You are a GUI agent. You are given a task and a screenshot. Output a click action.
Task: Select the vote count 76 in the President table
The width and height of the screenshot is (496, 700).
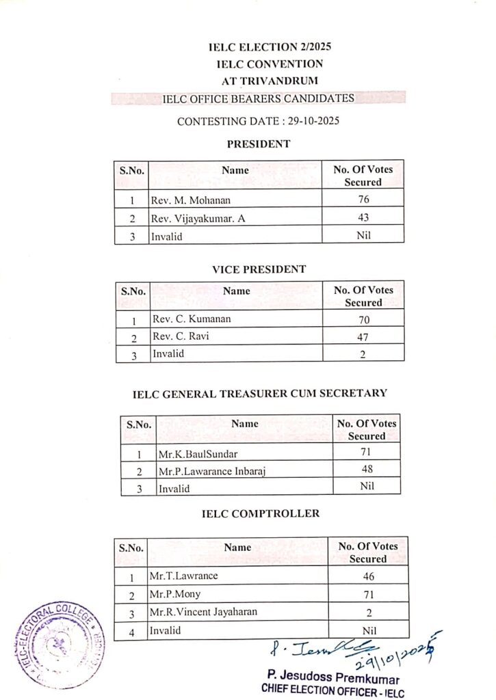[363, 201]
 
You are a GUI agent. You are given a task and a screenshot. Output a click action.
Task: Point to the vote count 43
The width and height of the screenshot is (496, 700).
[363, 218]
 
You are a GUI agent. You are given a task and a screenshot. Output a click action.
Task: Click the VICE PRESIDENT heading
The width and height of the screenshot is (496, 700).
[259, 269]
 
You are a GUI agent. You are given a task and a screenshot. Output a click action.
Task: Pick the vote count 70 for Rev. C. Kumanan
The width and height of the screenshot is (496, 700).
[363, 320]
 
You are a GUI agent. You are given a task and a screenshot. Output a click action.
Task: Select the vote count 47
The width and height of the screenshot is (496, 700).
[363, 337]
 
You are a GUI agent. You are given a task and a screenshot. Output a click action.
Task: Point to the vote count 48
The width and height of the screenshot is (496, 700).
[367, 470]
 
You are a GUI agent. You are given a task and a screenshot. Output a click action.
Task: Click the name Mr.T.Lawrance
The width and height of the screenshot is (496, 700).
[183, 576]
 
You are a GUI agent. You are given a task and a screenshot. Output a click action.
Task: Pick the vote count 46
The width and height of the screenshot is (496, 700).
[369, 576]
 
